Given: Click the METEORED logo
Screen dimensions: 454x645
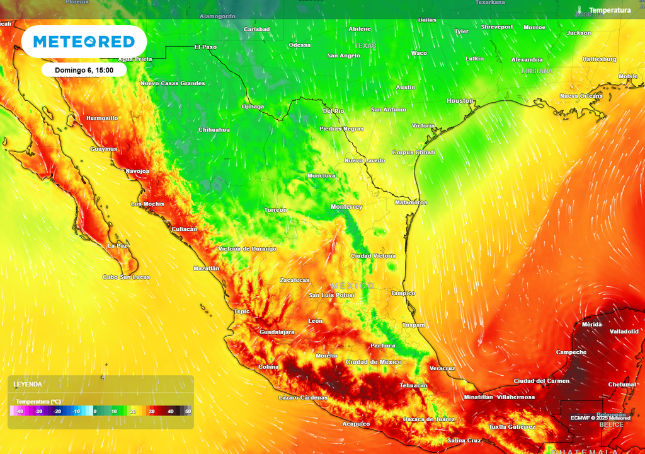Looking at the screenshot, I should pyautogui.click(x=84, y=42).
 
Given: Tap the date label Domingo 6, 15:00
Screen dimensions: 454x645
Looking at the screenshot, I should pyautogui.click(x=84, y=70).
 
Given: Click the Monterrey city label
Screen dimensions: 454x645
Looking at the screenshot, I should pyautogui.click(x=346, y=207).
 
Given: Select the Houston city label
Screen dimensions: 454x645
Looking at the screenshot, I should pyautogui.click(x=460, y=101).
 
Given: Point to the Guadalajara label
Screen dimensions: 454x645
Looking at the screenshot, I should pyautogui.click(x=277, y=332).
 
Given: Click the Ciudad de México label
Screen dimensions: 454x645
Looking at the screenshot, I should pyautogui.click(x=374, y=362).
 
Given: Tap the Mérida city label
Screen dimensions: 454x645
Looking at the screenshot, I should pyautogui.click(x=592, y=324).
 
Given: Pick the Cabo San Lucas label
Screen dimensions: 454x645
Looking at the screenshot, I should pyautogui.click(x=126, y=277).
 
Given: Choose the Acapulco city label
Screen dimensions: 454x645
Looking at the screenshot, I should pyautogui.click(x=356, y=424).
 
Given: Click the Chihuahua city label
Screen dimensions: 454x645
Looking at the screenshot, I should pyautogui.click(x=214, y=129).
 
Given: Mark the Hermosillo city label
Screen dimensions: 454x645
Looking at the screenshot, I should pyautogui.click(x=102, y=118).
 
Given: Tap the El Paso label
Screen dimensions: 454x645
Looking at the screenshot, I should pyautogui.click(x=205, y=47).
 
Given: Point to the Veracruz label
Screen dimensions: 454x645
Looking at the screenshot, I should pyautogui.click(x=442, y=368).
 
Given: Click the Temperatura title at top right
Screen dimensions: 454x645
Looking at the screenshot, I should pyautogui.click(x=609, y=10).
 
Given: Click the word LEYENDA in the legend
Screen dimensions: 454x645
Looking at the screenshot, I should pyautogui.click(x=28, y=384).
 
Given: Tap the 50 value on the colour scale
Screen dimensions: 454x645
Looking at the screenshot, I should pyautogui.click(x=188, y=411).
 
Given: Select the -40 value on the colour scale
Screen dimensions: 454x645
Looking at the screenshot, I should pyautogui.click(x=20, y=411).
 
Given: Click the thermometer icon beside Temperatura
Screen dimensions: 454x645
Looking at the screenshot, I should pyautogui.click(x=579, y=10).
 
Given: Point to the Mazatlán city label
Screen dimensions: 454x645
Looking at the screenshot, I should pyautogui.click(x=207, y=269).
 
